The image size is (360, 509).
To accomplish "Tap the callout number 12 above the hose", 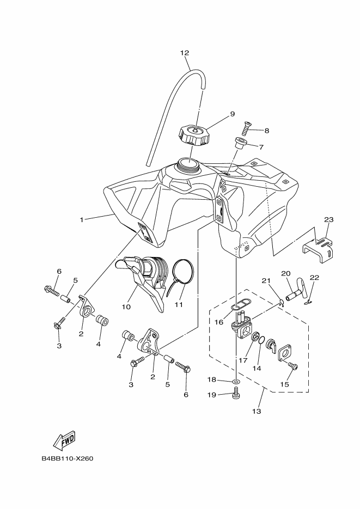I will [x=185, y=53].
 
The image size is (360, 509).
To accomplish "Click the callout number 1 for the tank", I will [x=82, y=220].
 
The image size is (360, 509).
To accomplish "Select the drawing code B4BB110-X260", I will [x=68, y=458].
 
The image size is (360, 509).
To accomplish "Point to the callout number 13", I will [x=257, y=411].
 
